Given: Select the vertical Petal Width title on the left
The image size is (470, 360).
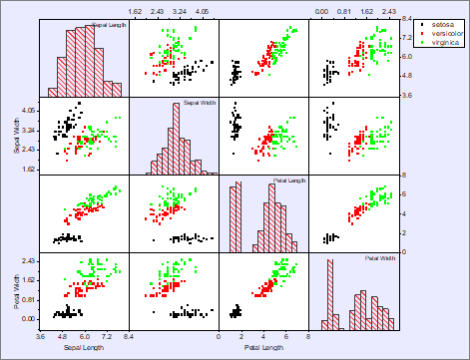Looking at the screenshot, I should click(x=18, y=291).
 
